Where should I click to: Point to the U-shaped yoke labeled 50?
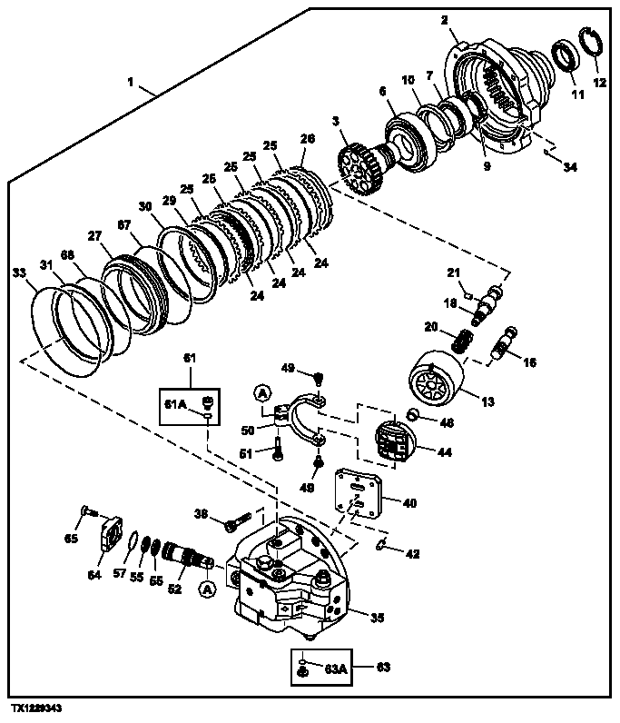coord(296,417)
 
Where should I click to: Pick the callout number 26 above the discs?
coord(308,139)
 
